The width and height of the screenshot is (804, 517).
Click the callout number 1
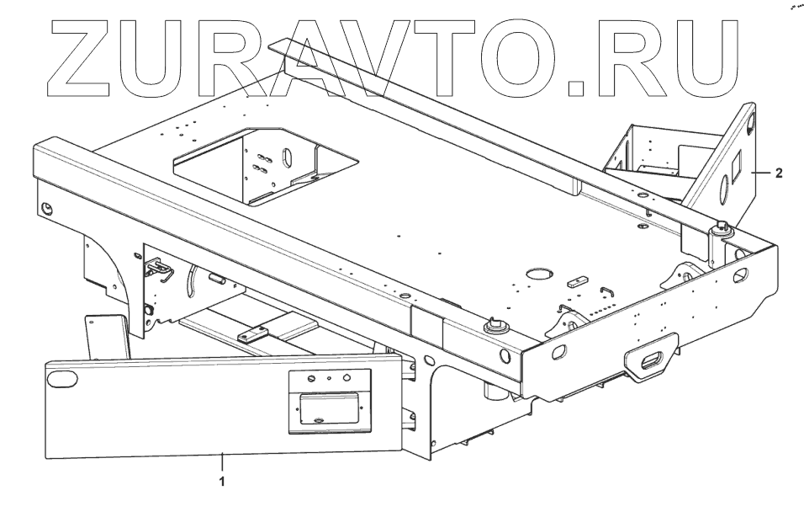point(221,482)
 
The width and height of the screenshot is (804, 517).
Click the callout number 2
point(780,175)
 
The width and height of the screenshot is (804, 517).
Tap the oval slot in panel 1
point(61,381)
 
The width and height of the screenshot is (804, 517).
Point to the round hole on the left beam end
point(47,207)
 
